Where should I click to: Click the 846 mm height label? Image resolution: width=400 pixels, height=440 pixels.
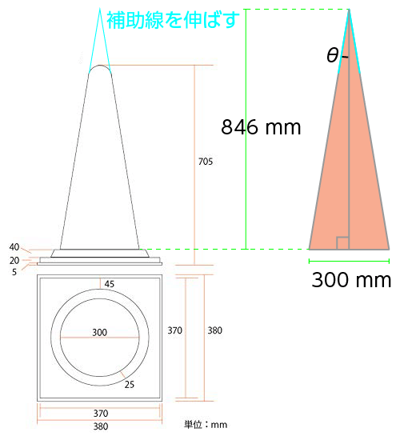(261, 127)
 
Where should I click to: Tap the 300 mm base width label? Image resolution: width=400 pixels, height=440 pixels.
(351, 280)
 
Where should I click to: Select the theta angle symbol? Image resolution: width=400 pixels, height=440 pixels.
(333, 55)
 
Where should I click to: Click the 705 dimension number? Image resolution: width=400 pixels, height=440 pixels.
(206, 162)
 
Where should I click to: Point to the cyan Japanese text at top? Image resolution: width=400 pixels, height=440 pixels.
(173, 20)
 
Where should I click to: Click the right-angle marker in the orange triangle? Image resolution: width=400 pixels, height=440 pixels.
(342, 243)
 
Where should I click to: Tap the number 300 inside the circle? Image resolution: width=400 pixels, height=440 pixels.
(100, 333)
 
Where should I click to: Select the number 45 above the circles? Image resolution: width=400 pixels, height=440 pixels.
(110, 284)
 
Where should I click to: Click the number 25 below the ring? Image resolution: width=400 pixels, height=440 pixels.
(130, 385)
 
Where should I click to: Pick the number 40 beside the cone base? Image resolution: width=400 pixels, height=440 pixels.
(14, 247)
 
